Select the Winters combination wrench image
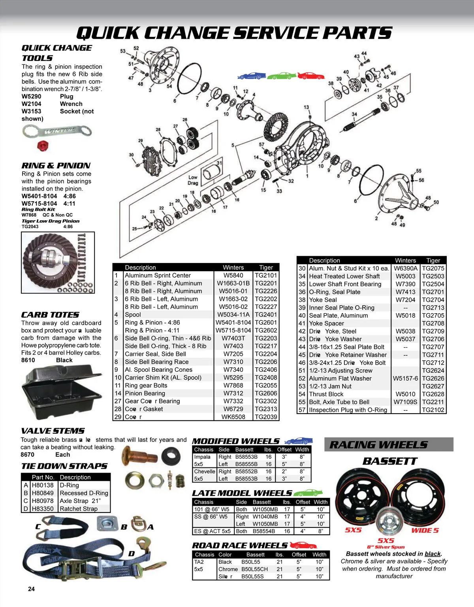click(57, 131)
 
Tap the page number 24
click(31, 589)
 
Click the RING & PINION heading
click(56, 166)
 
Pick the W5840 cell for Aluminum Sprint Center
click(233, 275)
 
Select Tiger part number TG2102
click(433, 410)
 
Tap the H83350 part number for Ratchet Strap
click(43, 509)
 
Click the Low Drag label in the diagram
click(193, 180)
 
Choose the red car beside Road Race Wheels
click(303, 545)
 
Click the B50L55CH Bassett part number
click(254, 569)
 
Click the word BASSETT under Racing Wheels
click(389, 461)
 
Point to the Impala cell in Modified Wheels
click(202, 457)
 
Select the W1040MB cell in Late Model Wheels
click(265, 516)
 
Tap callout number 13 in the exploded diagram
click(307, 107)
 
